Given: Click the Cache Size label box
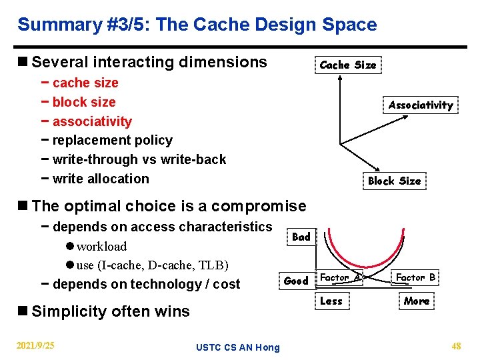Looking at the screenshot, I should [x=348, y=65].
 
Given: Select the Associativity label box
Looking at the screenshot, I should [x=421, y=105].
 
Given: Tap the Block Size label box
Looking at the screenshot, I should [x=394, y=181].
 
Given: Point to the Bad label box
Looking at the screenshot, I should [x=301, y=237].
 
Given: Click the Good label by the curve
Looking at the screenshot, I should [x=296, y=281].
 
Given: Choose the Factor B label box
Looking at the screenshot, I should [x=415, y=277].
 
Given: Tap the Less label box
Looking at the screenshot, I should [x=331, y=301].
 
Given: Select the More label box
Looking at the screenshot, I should [x=417, y=301].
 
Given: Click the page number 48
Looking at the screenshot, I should [x=456, y=345].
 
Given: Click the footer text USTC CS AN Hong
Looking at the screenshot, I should [x=238, y=347].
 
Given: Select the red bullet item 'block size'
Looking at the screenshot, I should [x=83, y=102].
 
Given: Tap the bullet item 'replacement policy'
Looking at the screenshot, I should [x=112, y=140].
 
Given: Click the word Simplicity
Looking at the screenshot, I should [x=69, y=311].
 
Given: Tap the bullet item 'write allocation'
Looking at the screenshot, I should [x=100, y=179].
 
